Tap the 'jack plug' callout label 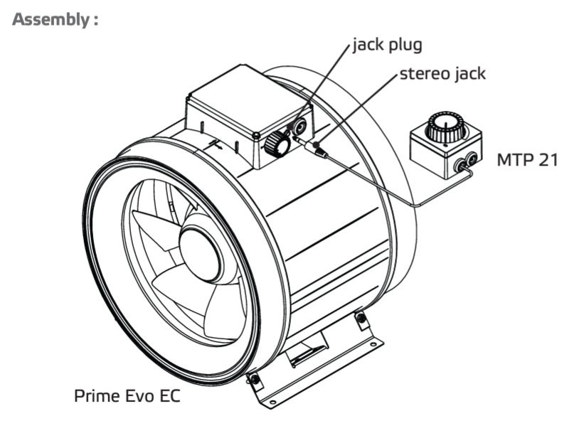pos(388,46)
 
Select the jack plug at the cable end pos(318,150)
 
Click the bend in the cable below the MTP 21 pos(418,204)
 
